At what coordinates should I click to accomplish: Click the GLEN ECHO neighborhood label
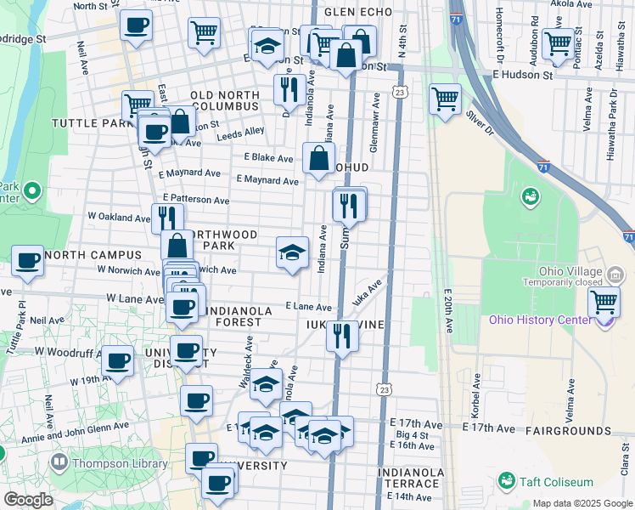click(358, 12)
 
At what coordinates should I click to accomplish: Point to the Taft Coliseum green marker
click(507, 480)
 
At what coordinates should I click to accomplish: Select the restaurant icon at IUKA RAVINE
click(342, 334)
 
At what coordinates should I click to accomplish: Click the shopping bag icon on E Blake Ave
click(317, 158)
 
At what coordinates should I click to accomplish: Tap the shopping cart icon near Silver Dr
click(445, 99)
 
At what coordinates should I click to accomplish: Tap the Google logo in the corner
click(28, 500)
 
